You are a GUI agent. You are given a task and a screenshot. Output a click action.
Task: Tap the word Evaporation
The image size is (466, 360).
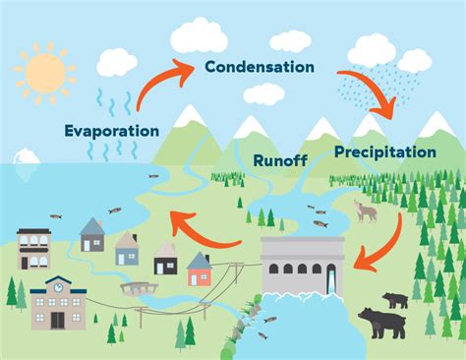click(112, 129)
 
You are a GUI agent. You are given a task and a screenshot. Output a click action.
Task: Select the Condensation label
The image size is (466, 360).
click(260, 67)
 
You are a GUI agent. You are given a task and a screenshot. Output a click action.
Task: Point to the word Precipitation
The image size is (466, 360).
click(384, 151)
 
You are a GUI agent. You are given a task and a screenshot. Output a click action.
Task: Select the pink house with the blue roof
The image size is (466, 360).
click(200, 269)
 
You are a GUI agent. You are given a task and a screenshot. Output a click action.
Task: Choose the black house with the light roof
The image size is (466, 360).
click(166, 259)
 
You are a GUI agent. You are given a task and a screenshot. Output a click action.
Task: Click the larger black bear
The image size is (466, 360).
click(381, 322)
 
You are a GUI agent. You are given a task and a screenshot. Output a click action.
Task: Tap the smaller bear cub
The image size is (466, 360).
click(396, 300)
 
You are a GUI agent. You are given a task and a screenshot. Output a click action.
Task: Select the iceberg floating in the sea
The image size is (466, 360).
click(26, 157)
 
